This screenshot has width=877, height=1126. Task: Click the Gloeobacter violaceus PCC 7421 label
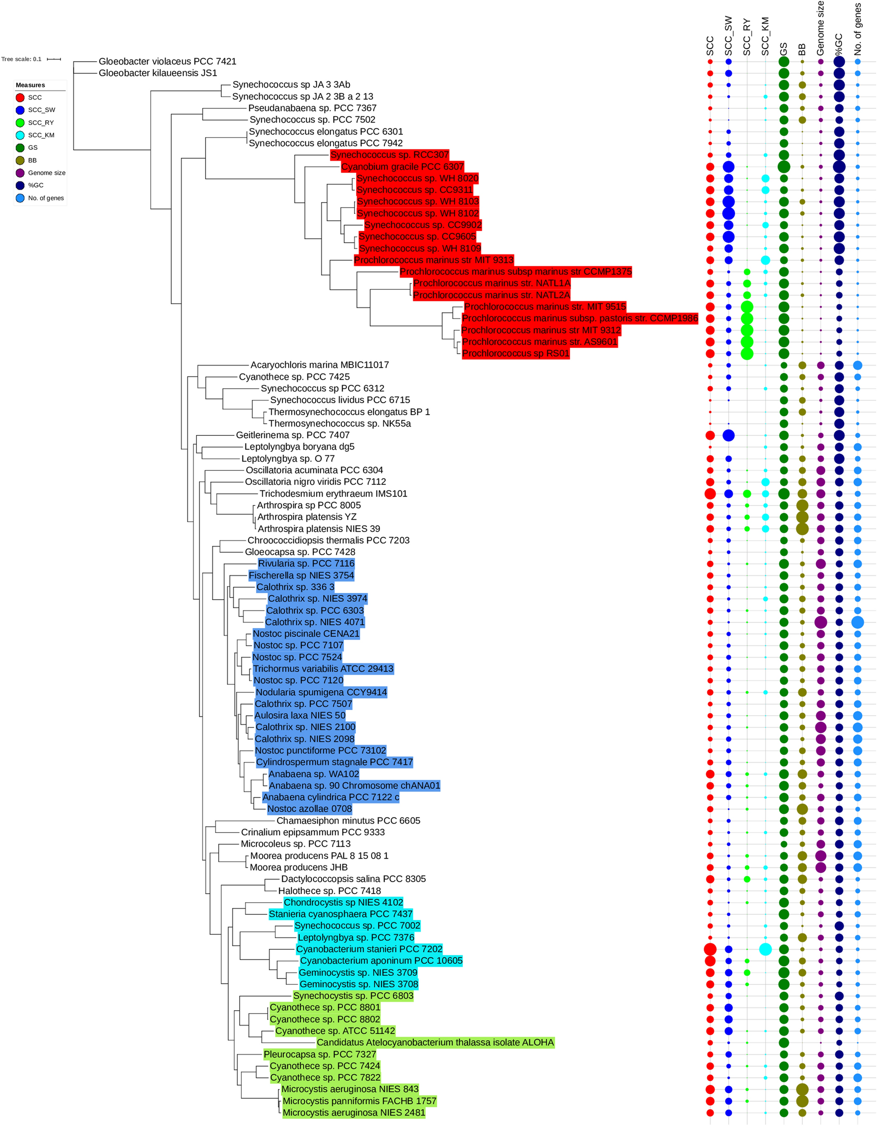point(167,61)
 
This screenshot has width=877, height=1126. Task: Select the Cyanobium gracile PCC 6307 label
point(402,167)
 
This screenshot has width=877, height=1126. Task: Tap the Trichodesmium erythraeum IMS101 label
point(333,494)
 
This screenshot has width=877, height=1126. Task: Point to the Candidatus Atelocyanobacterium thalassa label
point(436,1042)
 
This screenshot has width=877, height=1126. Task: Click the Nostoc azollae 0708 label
point(310,809)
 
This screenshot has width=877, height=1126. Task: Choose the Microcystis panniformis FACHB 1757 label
point(359,1101)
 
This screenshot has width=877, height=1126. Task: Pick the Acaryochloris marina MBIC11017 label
point(319,365)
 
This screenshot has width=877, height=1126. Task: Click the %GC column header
point(839,44)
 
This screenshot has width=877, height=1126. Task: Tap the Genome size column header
point(820,28)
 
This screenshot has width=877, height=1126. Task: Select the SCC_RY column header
point(747,37)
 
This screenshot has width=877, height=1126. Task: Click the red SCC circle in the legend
point(20,98)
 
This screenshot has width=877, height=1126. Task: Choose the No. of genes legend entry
point(46,198)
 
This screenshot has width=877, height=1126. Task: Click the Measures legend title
point(30,85)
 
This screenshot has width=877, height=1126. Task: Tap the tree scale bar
point(54,59)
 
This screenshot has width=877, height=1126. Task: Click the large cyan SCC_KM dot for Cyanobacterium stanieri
point(765,948)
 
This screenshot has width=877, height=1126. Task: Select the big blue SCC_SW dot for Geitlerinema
point(728,435)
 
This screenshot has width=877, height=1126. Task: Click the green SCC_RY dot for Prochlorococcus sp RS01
point(747,353)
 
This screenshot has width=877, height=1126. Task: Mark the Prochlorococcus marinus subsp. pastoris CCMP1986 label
point(580,318)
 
